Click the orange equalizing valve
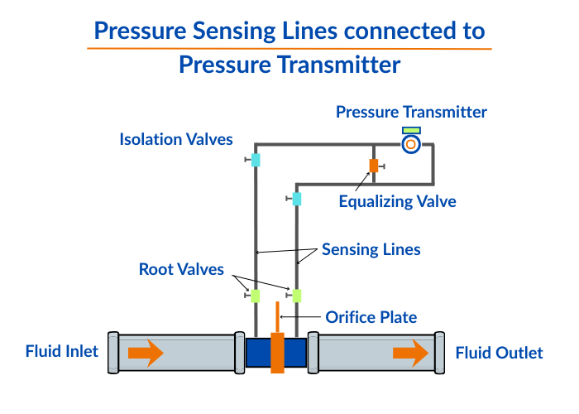pyautogui.click(x=374, y=165)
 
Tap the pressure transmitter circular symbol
pyautogui.click(x=411, y=145)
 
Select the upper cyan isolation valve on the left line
pyautogui.click(x=256, y=160)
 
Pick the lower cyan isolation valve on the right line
pyautogui.click(x=297, y=199)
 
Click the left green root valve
pyautogui.click(x=256, y=295)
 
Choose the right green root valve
pyautogui.click(x=297, y=295)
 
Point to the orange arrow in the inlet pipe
pyautogui.click(x=146, y=354)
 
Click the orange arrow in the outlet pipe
pyautogui.click(x=411, y=354)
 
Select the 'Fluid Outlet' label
pyautogui.click(x=499, y=354)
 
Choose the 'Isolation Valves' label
pyautogui.click(x=176, y=139)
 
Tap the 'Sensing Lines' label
pyautogui.click(x=371, y=249)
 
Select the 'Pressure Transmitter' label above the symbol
pyautogui.click(x=411, y=112)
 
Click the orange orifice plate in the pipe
pyautogui.click(x=277, y=352)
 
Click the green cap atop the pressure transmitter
pyautogui.click(x=411, y=130)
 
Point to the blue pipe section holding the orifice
pyautogui.click(x=258, y=353)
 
